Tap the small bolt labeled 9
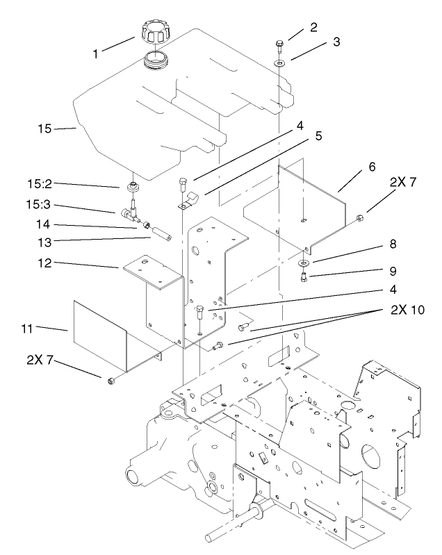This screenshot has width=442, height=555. click(306, 278)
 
